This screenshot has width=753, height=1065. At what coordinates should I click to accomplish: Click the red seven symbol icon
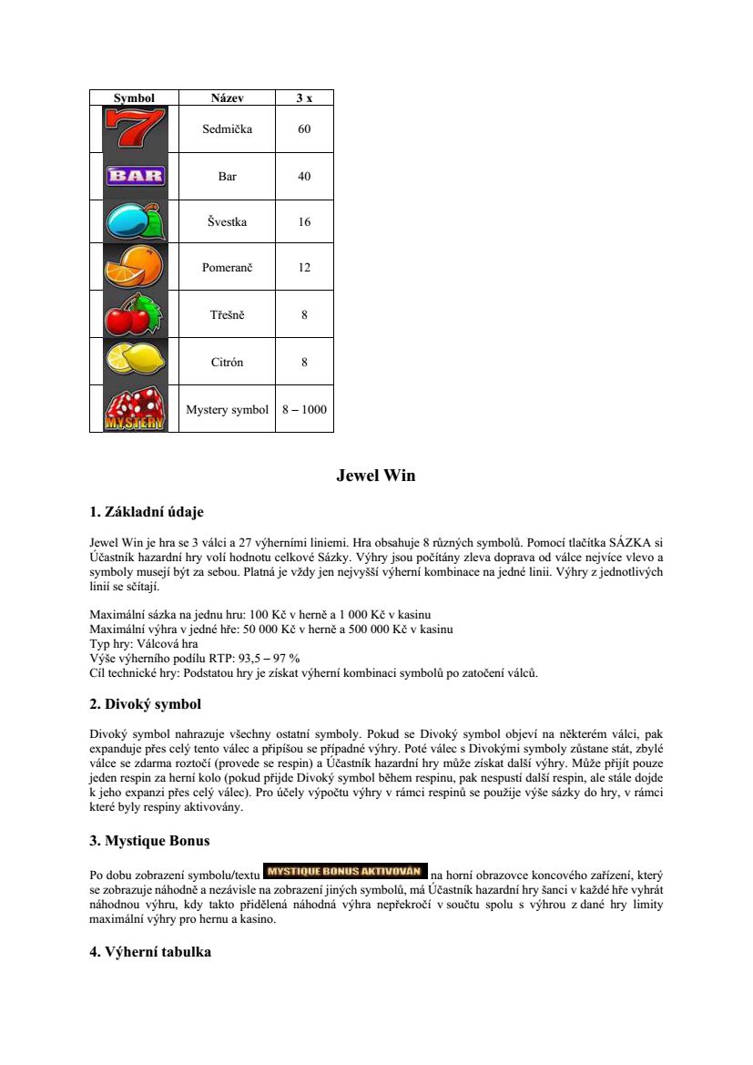tap(135, 128)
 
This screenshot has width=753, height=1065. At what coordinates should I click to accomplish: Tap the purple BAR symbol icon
tap(135, 176)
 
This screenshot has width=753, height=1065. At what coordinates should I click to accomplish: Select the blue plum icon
tap(135, 221)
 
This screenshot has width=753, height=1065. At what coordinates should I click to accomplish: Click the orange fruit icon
tap(135, 267)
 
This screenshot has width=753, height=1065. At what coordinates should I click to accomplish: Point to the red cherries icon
tap(135, 314)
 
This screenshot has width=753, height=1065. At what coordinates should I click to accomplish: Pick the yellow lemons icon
tap(135, 361)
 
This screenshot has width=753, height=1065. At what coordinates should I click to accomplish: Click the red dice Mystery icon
tap(135, 409)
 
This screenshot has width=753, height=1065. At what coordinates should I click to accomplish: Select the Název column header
tap(227, 97)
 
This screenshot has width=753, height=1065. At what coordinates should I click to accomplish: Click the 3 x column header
tap(304, 97)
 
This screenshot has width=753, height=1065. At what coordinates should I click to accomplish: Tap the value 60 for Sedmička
tap(304, 129)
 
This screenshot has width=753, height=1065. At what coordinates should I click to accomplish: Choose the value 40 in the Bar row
tap(304, 176)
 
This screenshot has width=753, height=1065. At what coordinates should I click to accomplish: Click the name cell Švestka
tap(227, 221)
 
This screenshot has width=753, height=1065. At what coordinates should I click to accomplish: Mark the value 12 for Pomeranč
tap(304, 267)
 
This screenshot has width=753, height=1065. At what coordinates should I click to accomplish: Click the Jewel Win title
tap(376, 476)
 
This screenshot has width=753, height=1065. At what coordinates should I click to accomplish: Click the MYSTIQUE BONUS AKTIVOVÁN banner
tap(344, 869)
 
